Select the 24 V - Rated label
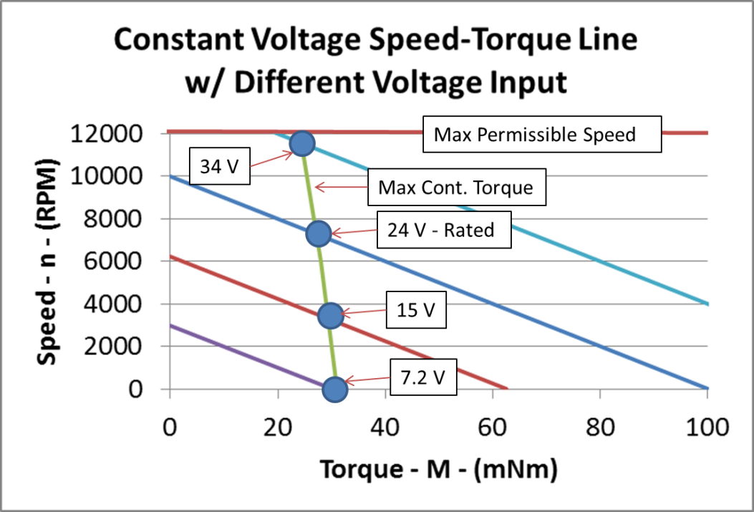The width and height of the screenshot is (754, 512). pos(445,231)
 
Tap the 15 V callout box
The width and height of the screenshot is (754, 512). pos(416,311)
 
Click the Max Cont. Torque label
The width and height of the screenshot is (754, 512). pos(456,188)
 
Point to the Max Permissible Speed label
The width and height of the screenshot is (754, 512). pos(541,134)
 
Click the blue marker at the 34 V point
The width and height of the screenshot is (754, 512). pos(303,144)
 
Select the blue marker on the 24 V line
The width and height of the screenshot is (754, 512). pos(318,233)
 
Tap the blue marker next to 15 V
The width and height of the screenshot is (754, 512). pos(330,314)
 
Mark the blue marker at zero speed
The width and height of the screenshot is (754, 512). pos(335,389)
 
